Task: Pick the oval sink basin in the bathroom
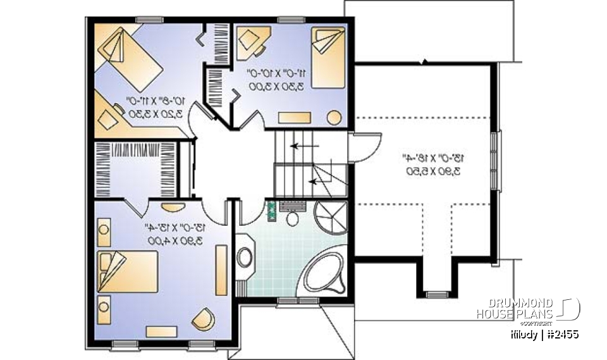pos(245,258)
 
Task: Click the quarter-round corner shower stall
pos(333,218)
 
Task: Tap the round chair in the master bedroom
pos(202,318)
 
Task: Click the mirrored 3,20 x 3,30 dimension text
pos(154,115)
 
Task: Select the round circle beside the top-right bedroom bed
pos(334,118)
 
